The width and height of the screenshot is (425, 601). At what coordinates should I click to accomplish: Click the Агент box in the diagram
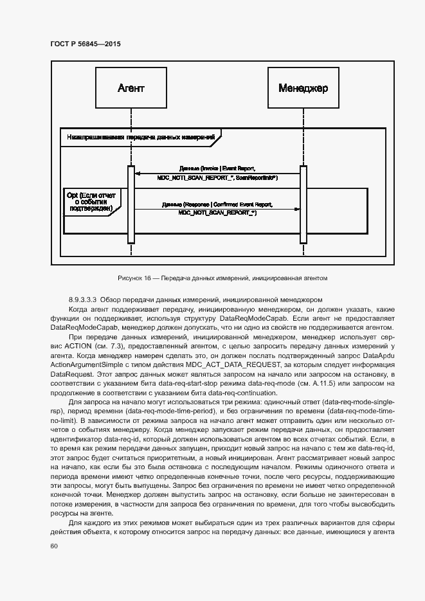coord(131,88)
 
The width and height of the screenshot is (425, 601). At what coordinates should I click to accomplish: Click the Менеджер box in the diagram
coord(303,88)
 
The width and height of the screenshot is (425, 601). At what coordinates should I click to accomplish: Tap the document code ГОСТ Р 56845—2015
coord(86,44)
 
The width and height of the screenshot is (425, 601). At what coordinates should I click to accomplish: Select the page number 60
coord(54,546)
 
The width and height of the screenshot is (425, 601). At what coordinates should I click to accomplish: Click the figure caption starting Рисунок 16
coord(222,278)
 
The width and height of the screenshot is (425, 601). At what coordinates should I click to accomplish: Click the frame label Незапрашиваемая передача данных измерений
coord(140,136)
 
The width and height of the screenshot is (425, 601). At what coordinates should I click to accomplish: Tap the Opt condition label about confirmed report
coord(89,201)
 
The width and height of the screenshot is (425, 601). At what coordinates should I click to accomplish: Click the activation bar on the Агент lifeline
coord(131,204)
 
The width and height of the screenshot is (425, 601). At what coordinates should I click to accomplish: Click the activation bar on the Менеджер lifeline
coord(303,204)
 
